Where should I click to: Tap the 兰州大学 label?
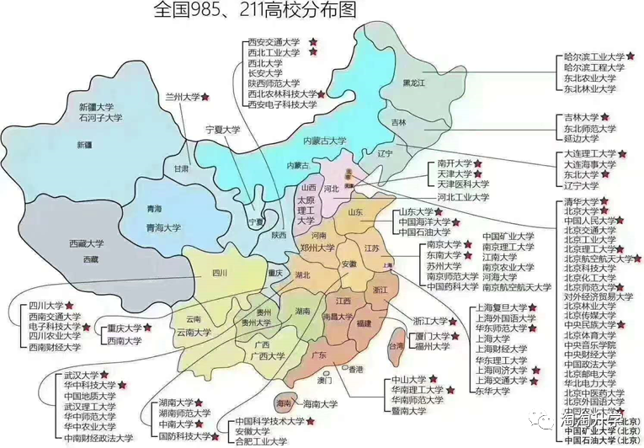pos(183,98)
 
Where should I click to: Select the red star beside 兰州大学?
pos(208,97)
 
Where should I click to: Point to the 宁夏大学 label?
pos(224,131)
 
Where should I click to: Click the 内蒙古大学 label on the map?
pos(324,141)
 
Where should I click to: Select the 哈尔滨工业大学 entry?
pos(593,57)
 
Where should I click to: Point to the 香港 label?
pos(357,369)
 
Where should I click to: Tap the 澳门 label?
pos(324,380)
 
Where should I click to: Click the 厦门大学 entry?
pos(435,335)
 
